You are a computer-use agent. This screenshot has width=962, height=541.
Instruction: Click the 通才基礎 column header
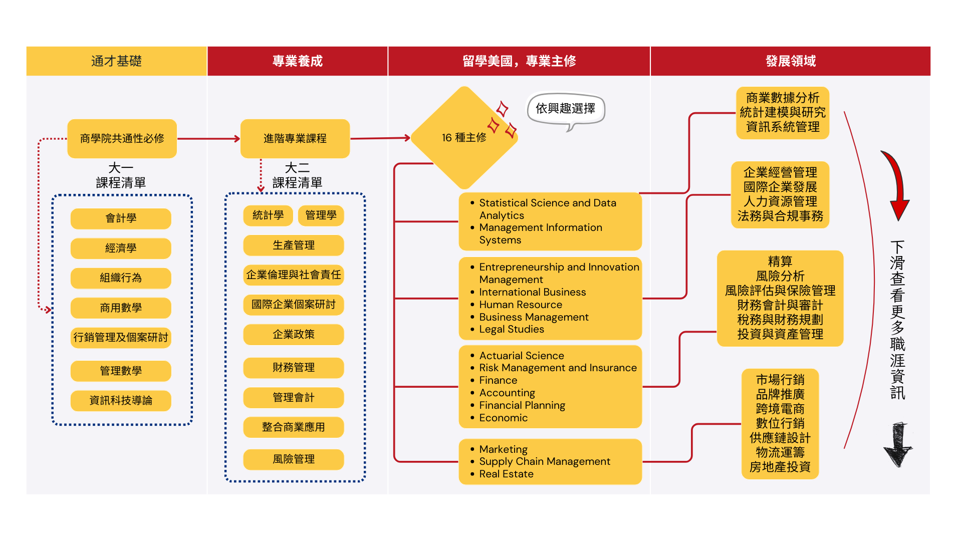click(x=116, y=61)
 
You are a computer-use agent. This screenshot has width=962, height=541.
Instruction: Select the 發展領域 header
click(x=790, y=61)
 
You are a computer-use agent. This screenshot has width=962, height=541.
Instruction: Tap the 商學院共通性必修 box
click(x=122, y=139)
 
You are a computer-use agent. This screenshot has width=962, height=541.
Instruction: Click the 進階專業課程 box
click(x=295, y=139)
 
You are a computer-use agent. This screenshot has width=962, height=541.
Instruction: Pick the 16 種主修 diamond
click(x=464, y=138)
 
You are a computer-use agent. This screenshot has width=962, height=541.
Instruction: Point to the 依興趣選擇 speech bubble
click(x=565, y=109)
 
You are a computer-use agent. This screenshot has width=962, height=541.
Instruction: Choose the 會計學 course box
click(x=121, y=218)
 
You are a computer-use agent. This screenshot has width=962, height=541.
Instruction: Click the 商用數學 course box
click(x=121, y=308)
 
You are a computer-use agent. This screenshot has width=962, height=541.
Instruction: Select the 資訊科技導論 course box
click(x=121, y=401)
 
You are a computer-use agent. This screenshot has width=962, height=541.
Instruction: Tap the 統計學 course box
click(x=268, y=215)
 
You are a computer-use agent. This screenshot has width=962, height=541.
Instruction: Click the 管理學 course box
click(x=321, y=215)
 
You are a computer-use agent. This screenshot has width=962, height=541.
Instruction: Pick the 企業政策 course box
click(x=294, y=335)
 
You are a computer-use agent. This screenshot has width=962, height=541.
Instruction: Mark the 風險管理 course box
click(x=294, y=459)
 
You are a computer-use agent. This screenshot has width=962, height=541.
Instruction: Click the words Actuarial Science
click(x=522, y=356)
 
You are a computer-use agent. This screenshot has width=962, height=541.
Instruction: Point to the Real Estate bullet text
click(x=506, y=474)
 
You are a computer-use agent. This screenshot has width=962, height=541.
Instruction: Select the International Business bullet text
click(x=532, y=292)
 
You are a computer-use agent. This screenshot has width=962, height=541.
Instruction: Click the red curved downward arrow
click(x=897, y=185)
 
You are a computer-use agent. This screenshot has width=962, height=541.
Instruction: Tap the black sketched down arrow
click(x=898, y=445)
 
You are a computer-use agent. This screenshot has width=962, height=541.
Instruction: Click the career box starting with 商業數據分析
click(x=783, y=113)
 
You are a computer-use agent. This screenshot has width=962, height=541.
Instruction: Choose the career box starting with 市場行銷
click(x=780, y=424)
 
